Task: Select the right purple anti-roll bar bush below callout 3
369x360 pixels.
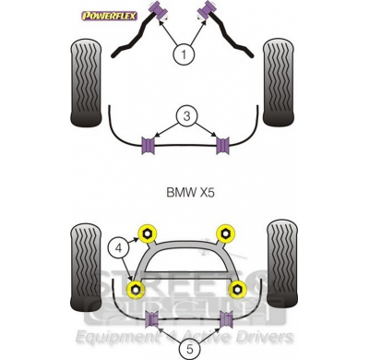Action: (221, 144)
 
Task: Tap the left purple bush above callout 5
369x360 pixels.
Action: (153, 319)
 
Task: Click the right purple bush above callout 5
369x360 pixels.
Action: (225, 319)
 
